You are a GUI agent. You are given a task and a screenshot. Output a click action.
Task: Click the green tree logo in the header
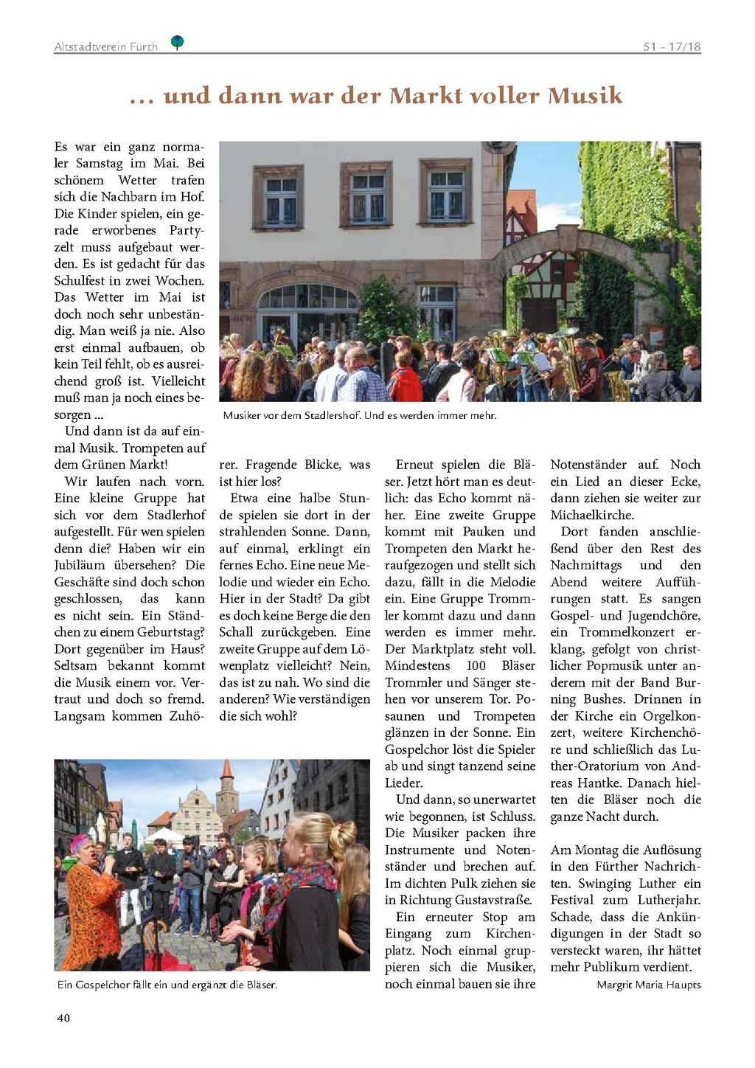click(x=177, y=42)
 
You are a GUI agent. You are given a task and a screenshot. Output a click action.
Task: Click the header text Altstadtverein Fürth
click(x=106, y=46)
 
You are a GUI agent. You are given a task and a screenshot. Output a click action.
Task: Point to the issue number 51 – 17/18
click(x=671, y=46)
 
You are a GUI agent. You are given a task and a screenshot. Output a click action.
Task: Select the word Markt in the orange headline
click(x=428, y=95)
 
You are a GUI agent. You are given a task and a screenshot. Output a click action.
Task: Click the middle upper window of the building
click(x=366, y=195)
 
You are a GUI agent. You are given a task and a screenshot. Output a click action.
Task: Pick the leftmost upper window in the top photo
click(x=279, y=197)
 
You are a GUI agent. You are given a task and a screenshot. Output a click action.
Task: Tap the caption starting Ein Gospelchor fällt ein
click(x=167, y=985)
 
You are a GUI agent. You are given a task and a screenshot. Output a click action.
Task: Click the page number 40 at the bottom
click(x=63, y=1018)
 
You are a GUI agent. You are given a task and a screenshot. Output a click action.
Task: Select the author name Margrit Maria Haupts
click(x=649, y=985)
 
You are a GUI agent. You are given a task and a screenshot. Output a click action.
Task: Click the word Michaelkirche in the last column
click(x=592, y=515)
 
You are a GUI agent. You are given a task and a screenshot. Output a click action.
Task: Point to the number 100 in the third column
click(x=476, y=666)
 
